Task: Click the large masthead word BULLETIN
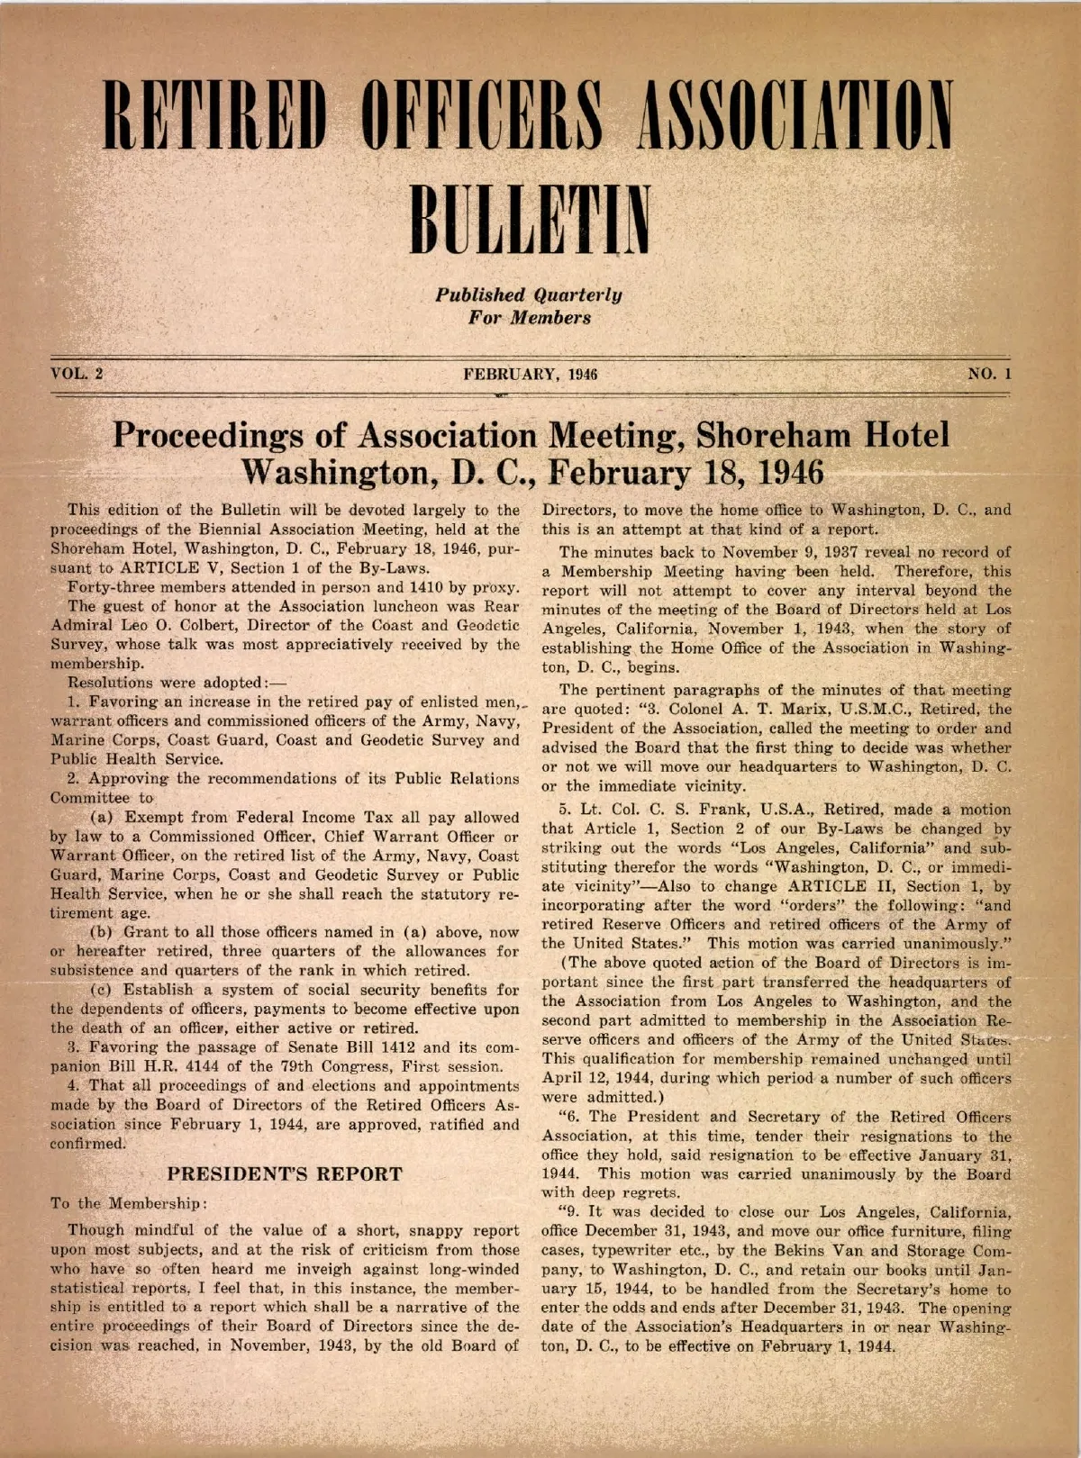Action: point(531,219)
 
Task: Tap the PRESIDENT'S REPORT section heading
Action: point(285,1174)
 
